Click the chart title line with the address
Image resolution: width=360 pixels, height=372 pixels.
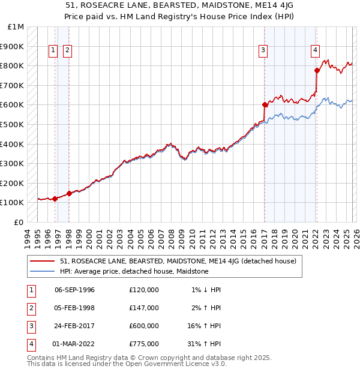(x=180, y=5)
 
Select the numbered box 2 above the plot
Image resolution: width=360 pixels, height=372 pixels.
(x=67, y=51)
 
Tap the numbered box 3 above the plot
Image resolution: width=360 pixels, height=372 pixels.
(x=263, y=51)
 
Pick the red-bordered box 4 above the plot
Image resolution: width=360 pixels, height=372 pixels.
(x=315, y=51)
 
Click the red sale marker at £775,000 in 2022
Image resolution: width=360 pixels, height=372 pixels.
(x=317, y=71)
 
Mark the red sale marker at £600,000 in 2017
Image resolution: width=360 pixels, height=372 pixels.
(x=265, y=104)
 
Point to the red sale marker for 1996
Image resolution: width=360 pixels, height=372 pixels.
(x=55, y=199)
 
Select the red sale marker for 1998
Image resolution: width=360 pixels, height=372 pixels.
(x=69, y=193)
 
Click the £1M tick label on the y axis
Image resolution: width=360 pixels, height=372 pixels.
(x=16, y=27)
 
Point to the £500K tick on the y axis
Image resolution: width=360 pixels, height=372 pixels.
(x=13, y=124)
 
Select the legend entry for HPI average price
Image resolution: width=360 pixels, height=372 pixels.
(x=134, y=271)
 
